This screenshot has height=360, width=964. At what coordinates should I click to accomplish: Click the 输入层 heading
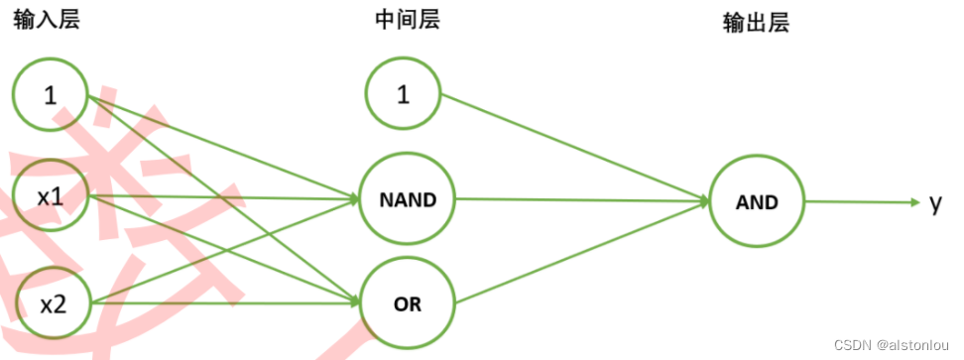tap(46, 22)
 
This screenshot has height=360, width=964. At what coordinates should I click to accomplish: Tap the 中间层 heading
tap(407, 22)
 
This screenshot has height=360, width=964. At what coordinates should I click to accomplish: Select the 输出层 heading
tap(756, 25)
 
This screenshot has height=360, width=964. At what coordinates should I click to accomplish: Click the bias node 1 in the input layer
tap(51, 95)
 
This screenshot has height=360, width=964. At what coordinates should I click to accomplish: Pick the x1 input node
tap(51, 196)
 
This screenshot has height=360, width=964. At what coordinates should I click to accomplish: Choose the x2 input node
tap(52, 303)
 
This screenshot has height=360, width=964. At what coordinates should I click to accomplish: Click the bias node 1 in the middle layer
tap(403, 95)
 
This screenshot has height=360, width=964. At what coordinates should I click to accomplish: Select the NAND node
tap(407, 199)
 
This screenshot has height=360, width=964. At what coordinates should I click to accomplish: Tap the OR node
tap(407, 304)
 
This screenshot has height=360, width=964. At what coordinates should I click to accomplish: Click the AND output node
tap(757, 201)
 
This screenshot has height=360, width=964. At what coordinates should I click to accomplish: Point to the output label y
tap(935, 203)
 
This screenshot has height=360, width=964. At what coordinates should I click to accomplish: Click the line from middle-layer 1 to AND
tap(575, 148)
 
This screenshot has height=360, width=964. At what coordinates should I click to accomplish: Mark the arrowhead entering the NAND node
tap(353, 198)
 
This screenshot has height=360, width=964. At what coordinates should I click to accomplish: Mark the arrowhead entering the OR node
tap(353, 301)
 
